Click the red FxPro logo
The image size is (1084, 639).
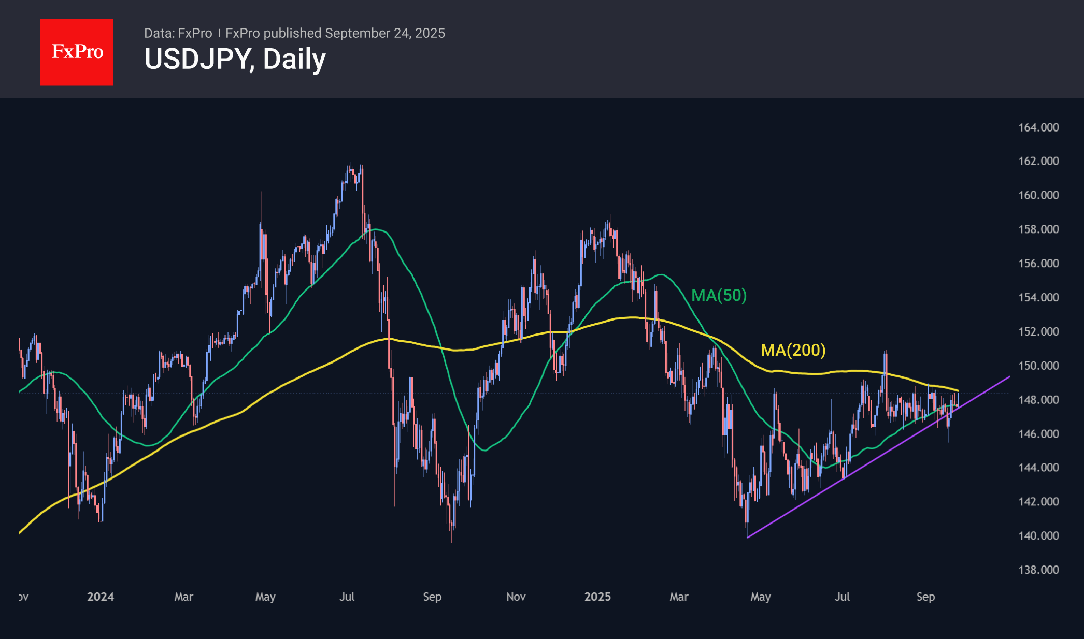click(77, 52)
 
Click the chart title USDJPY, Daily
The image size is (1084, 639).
click(235, 59)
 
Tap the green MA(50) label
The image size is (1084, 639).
click(719, 295)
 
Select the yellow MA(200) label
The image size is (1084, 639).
click(793, 350)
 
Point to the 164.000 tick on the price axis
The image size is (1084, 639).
click(1038, 127)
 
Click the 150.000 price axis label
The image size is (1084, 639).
click(1038, 366)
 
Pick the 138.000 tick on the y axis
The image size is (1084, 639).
click(1038, 570)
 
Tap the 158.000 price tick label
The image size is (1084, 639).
click(1038, 229)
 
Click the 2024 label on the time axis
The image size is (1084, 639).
click(101, 597)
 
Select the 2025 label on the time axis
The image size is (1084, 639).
click(597, 597)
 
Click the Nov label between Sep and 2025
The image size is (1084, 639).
click(516, 597)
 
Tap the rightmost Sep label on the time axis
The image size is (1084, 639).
click(925, 597)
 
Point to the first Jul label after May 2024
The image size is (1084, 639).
click(347, 597)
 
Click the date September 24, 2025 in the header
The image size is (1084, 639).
click(385, 33)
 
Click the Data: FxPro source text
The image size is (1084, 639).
click(178, 33)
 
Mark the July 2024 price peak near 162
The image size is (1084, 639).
click(351, 165)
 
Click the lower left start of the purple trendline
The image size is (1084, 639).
click(748, 538)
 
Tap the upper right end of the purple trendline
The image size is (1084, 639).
click(1010, 376)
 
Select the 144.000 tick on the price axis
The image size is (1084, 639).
click(1038, 468)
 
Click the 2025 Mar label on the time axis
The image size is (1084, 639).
click(679, 597)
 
